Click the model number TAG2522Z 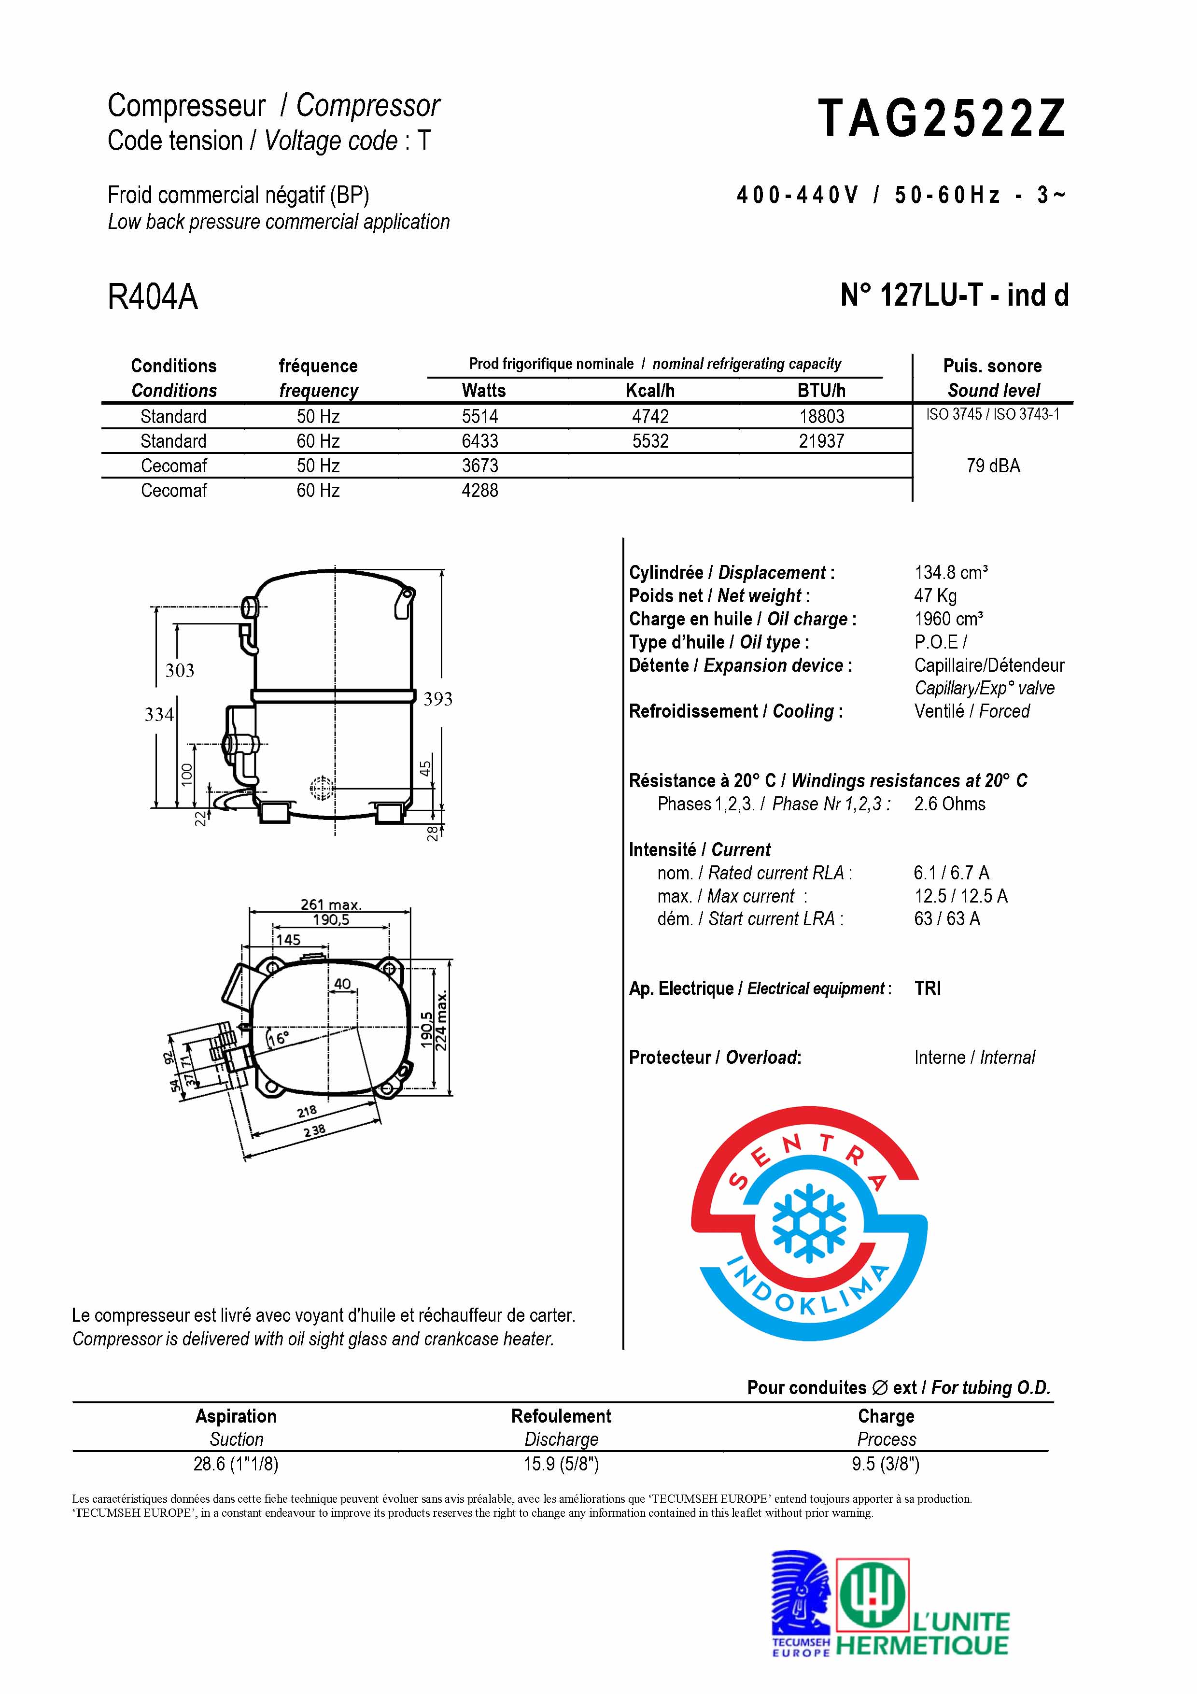(942, 120)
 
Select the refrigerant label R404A (153, 297)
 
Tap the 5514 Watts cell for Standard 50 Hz (479, 417)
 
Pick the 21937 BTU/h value (822, 441)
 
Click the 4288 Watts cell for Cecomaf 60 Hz (479, 491)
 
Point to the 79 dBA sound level (993, 466)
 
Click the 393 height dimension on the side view (437, 699)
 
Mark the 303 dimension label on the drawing (179, 671)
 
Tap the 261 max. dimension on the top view (330, 904)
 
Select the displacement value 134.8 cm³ (951, 573)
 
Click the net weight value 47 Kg (935, 596)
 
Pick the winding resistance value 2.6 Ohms (949, 804)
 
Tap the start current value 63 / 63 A (946, 919)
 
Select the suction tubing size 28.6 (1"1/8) (236, 1464)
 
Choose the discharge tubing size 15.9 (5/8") (561, 1464)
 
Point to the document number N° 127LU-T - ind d (954, 296)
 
